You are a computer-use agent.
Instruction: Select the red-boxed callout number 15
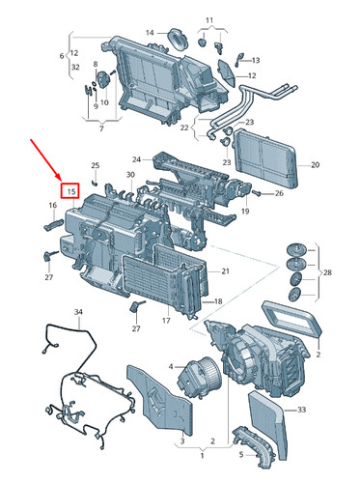[x=70, y=191]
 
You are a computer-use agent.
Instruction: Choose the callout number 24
[x=136, y=159]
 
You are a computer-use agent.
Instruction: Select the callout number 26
[x=279, y=193]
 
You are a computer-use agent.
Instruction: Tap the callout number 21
[x=225, y=270]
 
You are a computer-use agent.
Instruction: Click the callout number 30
[x=129, y=175]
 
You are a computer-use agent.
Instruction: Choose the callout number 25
[x=95, y=166]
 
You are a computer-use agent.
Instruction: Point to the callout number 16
[x=53, y=205]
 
